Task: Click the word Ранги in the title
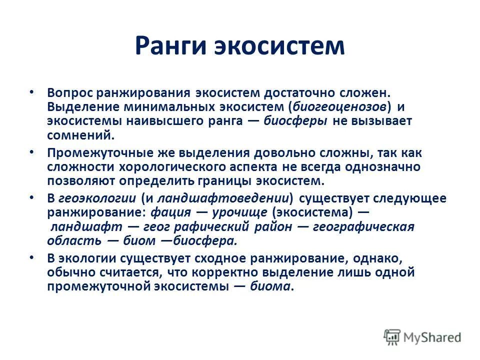pyautogui.click(x=170, y=46)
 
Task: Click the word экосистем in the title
pyautogui.click(x=279, y=46)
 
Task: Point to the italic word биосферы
pyautogui.click(x=295, y=120)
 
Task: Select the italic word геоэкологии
pyautogui.click(x=97, y=198)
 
